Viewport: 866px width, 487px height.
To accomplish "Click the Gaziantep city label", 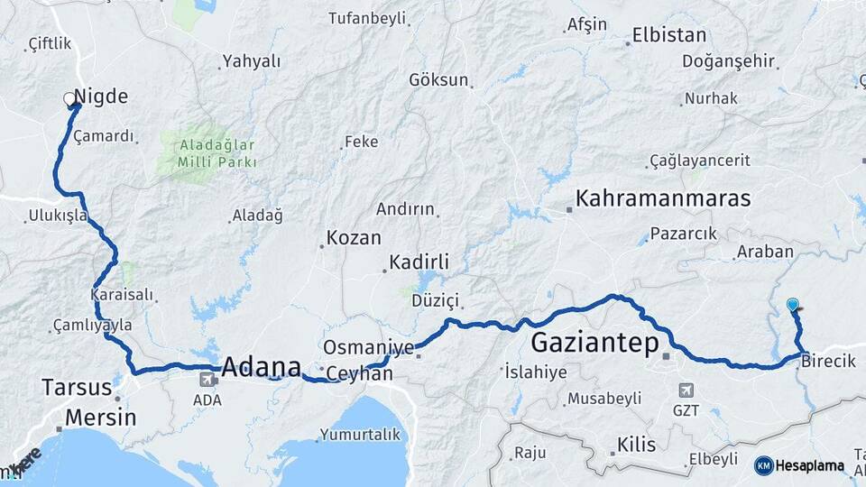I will [x=595, y=343].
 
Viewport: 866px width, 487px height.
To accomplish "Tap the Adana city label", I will [x=261, y=367].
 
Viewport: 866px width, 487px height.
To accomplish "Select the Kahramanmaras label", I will [x=663, y=198].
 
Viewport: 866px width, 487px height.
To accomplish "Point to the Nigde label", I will [x=101, y=96].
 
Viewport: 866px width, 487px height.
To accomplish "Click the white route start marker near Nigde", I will [x=69, y=98].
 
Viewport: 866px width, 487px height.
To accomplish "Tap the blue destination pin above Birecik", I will [x=792, y=305].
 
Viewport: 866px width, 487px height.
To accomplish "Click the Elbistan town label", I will [x=668, y=37].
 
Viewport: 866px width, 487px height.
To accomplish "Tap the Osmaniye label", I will [x=369, y=347].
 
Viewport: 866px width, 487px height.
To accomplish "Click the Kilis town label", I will [x=637, y=444].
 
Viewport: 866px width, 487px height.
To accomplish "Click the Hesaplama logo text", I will [x=812, y=466].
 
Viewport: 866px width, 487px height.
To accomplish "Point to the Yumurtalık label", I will [x=363, y=435].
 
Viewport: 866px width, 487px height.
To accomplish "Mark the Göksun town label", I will [x=439, y=79].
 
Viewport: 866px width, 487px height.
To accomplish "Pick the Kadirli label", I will [x=419, y=262].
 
